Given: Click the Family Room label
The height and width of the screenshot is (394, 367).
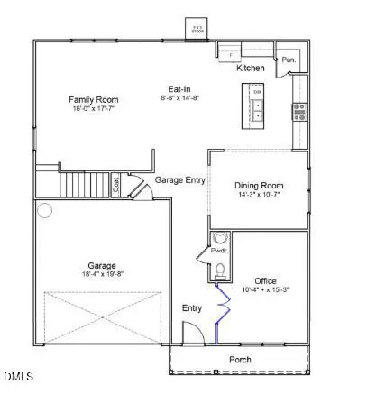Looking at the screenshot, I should point(96,101).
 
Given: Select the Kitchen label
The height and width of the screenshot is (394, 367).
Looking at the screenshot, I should point(250,69).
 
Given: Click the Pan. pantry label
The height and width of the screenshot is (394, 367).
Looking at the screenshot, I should point(289,61).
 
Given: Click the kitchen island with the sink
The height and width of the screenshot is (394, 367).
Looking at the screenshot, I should point(258,105).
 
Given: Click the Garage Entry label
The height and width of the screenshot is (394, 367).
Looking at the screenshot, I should point(179,180).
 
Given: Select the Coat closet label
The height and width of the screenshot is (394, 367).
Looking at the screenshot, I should point(116,185).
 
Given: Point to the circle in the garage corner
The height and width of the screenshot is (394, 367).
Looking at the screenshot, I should point(45,211).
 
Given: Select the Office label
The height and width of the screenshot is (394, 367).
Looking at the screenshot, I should point(266,280).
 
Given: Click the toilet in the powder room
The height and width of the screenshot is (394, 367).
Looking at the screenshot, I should point(217,270).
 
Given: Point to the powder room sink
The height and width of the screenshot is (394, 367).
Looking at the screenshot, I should point(218,238).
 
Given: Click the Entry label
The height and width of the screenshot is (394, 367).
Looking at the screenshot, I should point(192,308).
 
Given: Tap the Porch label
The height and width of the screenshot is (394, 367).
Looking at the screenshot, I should point(240,360).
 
